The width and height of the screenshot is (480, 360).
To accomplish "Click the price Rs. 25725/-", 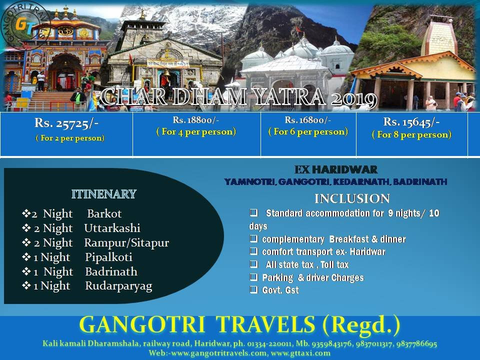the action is point(66,123).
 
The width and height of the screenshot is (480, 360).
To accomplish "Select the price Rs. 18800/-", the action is point(196,120).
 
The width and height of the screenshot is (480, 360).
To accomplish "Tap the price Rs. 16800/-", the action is point(307,120).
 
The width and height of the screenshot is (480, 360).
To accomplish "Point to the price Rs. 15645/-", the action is point(411,122).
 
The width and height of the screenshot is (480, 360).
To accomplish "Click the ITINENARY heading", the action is point(104,194).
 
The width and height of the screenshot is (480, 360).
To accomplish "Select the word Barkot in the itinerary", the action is point(104,213).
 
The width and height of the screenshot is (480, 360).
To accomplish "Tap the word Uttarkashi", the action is point(112,228).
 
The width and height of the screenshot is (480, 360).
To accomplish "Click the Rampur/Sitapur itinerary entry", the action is point(126,243).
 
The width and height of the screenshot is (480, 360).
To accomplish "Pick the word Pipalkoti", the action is point(108,257).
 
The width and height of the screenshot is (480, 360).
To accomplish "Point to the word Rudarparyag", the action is point(119,286).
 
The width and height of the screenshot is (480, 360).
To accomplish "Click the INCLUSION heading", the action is point(352,198).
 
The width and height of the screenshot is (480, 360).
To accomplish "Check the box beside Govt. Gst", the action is point(253,289).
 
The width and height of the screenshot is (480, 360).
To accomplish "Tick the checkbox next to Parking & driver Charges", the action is point(253,277).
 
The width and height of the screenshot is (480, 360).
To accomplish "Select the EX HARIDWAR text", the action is point(336,169).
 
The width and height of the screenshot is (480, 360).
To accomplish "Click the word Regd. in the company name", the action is point(361,324).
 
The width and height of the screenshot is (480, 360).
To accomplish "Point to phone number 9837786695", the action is point(416,343).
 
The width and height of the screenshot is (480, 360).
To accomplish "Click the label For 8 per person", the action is point(411,134).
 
